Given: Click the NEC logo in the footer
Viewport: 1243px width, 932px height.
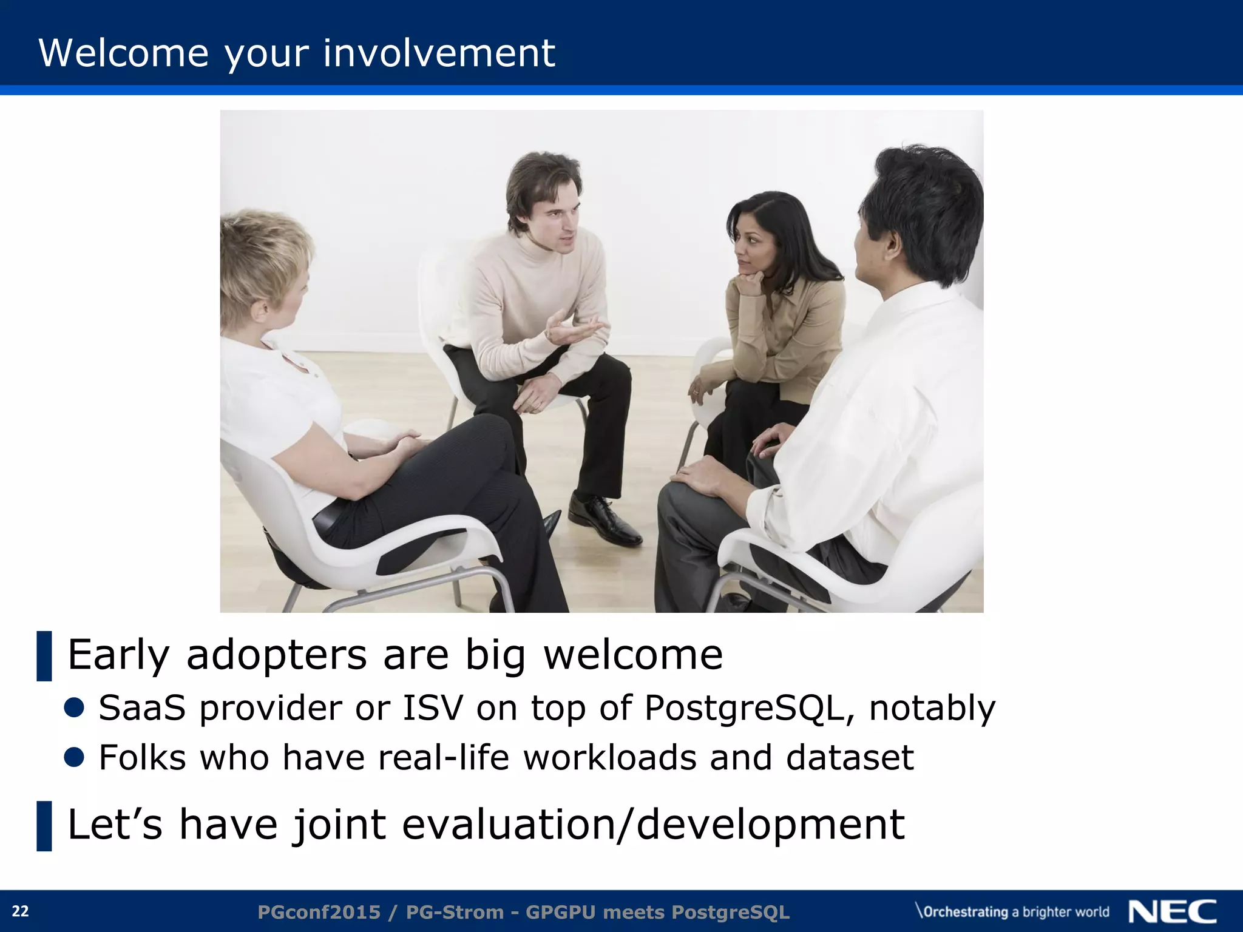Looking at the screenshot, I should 1172,911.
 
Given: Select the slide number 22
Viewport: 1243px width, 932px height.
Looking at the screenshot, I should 20,911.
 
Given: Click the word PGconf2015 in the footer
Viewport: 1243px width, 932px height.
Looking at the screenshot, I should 319,912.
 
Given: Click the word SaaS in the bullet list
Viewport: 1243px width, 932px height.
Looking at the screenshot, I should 142,708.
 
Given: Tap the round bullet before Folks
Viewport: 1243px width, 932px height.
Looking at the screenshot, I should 74,757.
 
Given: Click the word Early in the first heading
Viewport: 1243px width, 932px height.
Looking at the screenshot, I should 119,655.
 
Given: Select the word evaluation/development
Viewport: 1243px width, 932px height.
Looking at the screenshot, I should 653,825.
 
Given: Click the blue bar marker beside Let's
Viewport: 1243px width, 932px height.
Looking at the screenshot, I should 44,826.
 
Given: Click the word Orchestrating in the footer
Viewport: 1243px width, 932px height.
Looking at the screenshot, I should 965,912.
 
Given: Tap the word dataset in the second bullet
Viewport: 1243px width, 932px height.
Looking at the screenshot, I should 850,758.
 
